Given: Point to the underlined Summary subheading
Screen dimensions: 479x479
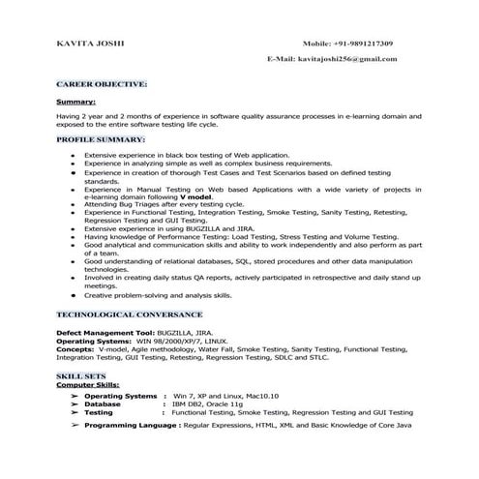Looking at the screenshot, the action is pos(75,100).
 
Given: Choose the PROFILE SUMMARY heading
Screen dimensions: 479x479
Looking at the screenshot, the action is pos(101,139).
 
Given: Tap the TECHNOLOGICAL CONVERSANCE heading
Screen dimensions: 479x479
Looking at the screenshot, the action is pos(129,314).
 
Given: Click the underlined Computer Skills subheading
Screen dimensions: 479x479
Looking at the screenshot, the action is pos(88,383).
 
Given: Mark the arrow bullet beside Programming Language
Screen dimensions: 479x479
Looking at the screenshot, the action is pos(75,424).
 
